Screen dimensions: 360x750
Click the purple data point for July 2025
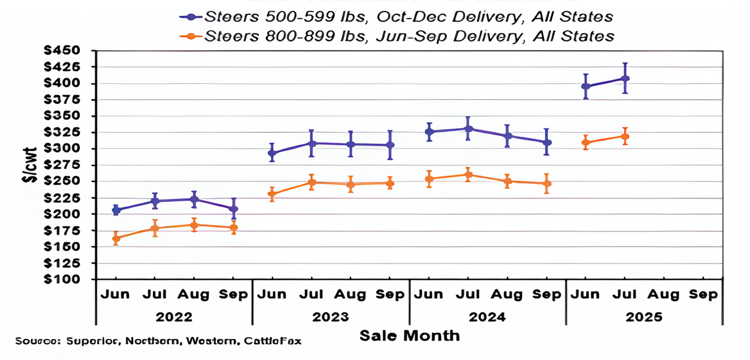(x=625, y=79)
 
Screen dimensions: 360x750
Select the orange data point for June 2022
(x=116, y=238)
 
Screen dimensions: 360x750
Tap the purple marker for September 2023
(x=390, y=145)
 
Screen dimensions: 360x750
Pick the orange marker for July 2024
(x=468, y=175)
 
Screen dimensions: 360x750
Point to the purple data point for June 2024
(x=429, y=132)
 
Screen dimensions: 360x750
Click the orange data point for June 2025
(x=586, y=142)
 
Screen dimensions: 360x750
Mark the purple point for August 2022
(x=194, y=199)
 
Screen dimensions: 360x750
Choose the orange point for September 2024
(x=547, y=184)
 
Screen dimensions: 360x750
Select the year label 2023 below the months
(x=330, y=317)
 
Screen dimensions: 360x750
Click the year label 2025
(x=644, y=317)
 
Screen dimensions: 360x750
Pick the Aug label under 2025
(x=663, y=295)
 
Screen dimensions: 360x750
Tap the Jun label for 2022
(x=115, y=295)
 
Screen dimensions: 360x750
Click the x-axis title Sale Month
(x=410, y=336)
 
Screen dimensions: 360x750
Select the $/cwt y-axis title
(x=30, y=165)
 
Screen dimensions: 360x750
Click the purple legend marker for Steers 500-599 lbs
(x=191, y=17)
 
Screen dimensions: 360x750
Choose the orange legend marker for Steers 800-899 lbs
(x=191, y=36)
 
